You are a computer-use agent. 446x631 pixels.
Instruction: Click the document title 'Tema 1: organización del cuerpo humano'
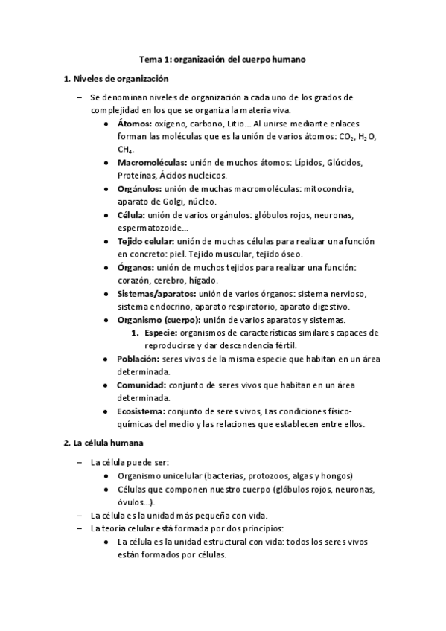(223, 58)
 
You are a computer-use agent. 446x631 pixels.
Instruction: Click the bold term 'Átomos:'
(135, 123)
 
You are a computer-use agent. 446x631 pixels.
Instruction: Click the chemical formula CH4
(123, 150)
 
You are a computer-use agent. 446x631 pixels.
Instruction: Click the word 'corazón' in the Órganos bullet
(134, 281)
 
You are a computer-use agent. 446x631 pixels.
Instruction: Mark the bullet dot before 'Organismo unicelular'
(109, 476)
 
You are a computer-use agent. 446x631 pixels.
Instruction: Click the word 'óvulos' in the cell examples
(130, 503)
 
